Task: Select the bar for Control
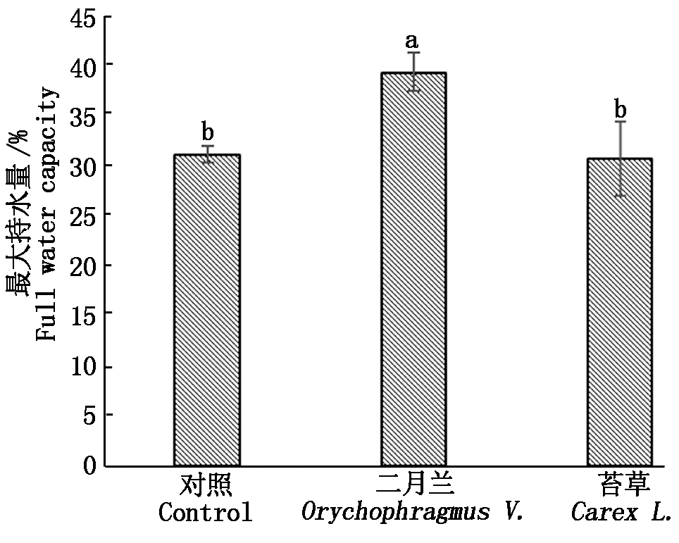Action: [206, 310]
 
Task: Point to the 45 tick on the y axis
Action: [84, 17]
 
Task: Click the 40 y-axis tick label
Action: [84, 65]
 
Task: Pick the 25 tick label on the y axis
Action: [84, 214]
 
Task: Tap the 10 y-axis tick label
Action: [84, 367]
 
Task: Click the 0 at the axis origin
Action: [90, 465]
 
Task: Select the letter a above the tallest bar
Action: [413, 41]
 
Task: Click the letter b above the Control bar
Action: [207, 131]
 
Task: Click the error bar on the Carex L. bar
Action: [620, 158]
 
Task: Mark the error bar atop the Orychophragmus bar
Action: [413, 72]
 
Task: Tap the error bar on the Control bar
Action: [207, 154]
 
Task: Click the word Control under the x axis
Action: [205, 513]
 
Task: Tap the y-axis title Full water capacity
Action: [47, 214]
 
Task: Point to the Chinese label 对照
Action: [205, 487]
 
